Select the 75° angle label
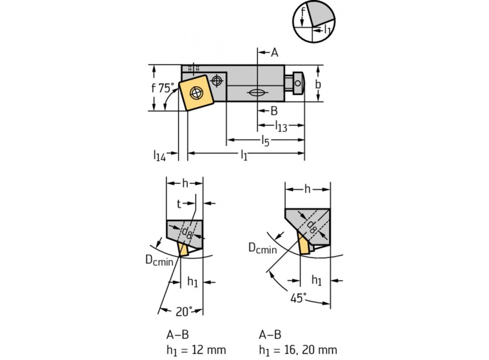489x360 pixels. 166,88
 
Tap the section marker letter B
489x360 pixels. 274,111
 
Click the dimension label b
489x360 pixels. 318,84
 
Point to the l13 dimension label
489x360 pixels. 281,126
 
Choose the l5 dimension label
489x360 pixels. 265,141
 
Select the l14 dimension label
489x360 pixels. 159,156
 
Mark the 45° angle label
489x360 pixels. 298,297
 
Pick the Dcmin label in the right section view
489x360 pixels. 262,248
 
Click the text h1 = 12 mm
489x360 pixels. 196,350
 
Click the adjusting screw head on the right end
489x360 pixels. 298,84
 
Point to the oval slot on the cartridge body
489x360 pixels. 256,93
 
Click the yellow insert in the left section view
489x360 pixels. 183,249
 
